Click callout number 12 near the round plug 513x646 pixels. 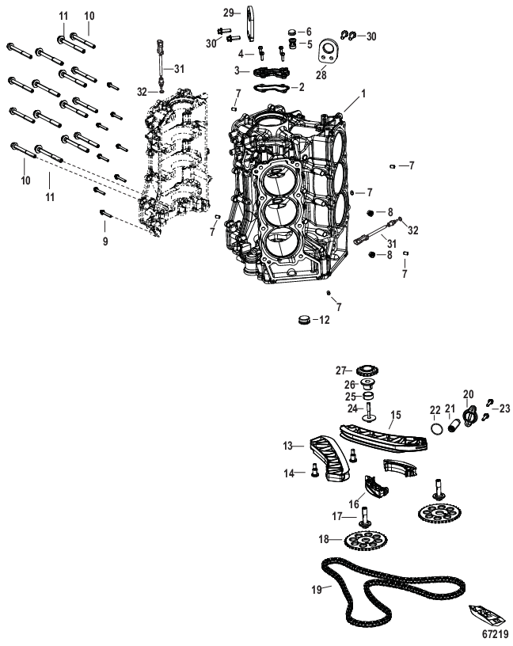[323, 320]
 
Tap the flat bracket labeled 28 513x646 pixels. [325, 57]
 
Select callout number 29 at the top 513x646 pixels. [227, 12]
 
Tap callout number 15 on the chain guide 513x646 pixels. [395, 414]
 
